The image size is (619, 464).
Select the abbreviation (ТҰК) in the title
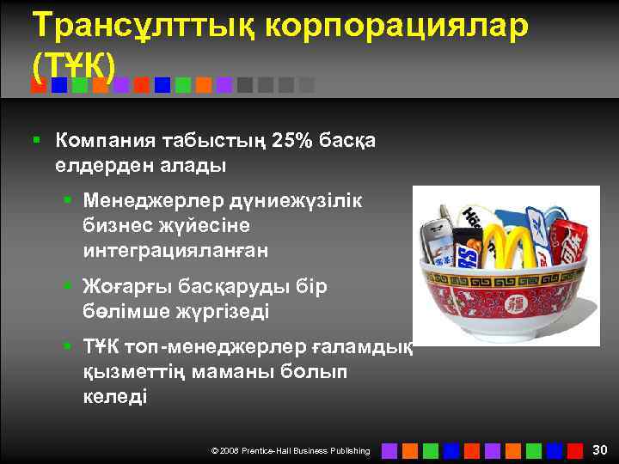pyautogui.click(x=78, y=65)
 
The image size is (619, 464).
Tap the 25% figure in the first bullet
pyautogui.click(x=294, y=140)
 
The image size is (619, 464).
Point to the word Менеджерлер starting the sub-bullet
pyautogui.click(x=153, y=201)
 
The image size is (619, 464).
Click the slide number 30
pyautogui.click(x=600, y=449)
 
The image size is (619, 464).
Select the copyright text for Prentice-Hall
pyautogui.click(x=291, y=450)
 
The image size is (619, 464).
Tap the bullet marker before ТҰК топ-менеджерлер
pyautogui.click(x=67, y=347)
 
